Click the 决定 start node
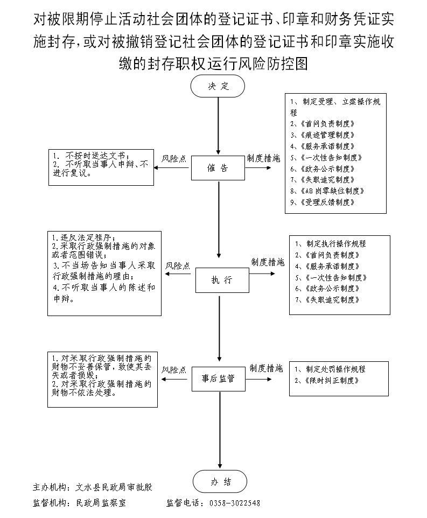(x=218, y=87)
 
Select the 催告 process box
(x=218, y=168)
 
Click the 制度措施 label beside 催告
(x=264, y=159)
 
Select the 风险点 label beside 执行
(x=178, y=266)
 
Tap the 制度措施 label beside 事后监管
(x=266, y=369)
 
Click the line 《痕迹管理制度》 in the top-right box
(x=323, y=135)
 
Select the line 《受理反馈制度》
(x=323, y=202)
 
